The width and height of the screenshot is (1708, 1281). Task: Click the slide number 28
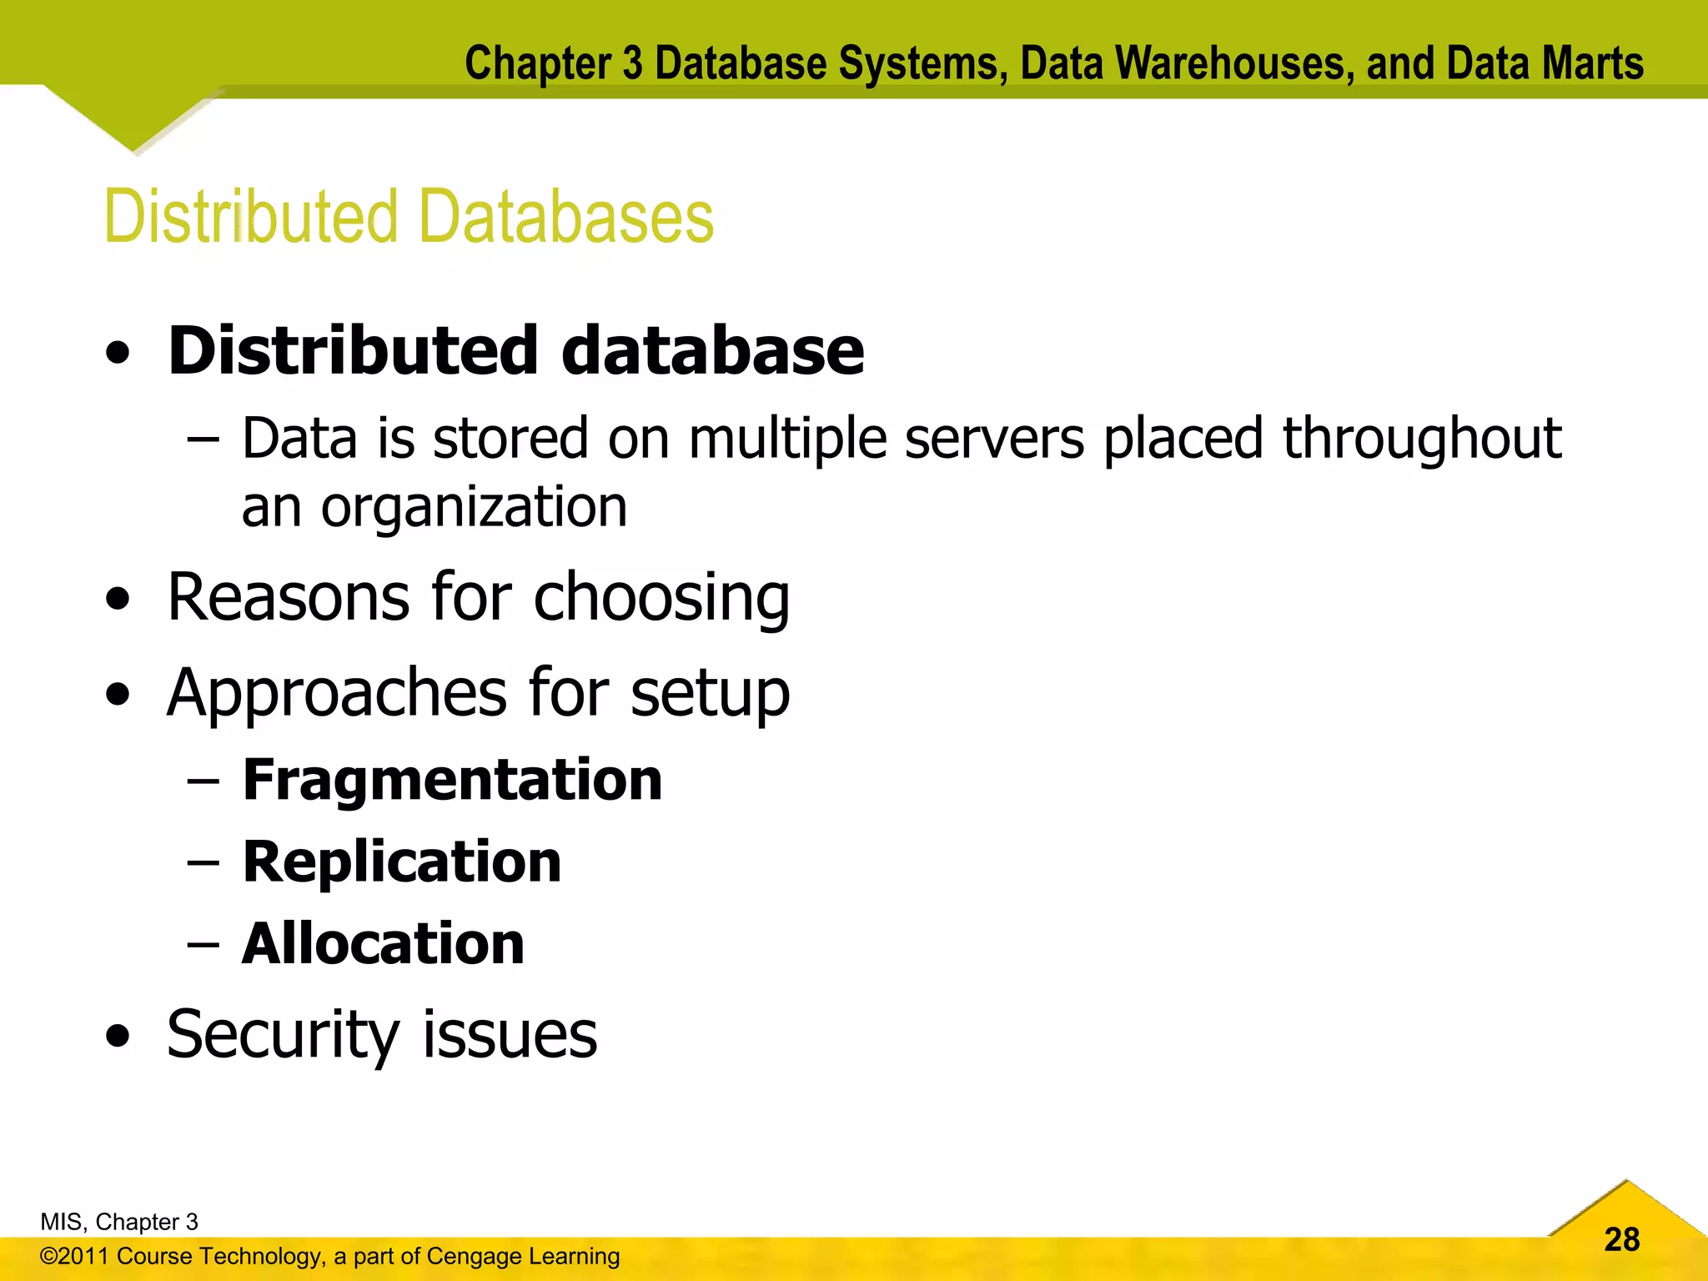coord(1621,1239)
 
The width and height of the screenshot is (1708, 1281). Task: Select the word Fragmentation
coord(452,781)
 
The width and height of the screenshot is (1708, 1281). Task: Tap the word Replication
coord(402,862)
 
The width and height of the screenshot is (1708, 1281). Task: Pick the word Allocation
coord(383,943)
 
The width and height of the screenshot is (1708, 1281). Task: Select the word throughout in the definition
coord(1421,439)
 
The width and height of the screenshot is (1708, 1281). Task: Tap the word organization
coord(474,508)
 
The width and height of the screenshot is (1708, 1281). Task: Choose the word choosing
coord(661,599)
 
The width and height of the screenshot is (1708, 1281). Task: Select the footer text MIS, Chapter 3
coord(119,1222)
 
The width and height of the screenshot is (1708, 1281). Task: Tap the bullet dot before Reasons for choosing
coord(118,599)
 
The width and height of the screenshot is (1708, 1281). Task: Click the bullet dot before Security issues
coord(118,1036)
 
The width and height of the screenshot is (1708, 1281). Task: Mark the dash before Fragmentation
coord(203,781)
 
